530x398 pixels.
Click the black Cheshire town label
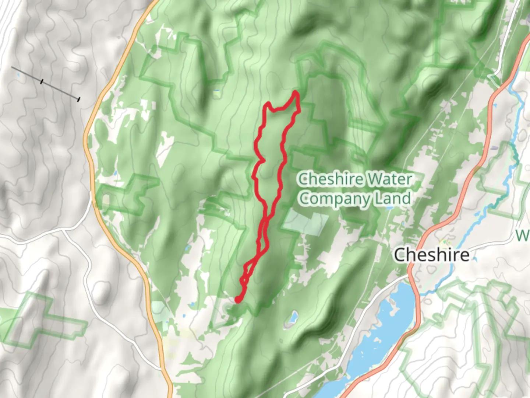click(x=431, y=255)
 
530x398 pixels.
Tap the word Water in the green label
click(x=390, y=179)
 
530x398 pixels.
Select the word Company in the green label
click(x=334, y=199)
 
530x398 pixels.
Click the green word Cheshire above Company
click(x=331, y=179)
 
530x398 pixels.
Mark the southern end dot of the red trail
click(x=238, y=300)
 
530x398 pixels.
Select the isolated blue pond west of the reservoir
click(x=293, y=317)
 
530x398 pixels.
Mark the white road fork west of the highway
click(x=63, y=231)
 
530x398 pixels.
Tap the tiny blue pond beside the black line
click(x=18, y=75)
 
